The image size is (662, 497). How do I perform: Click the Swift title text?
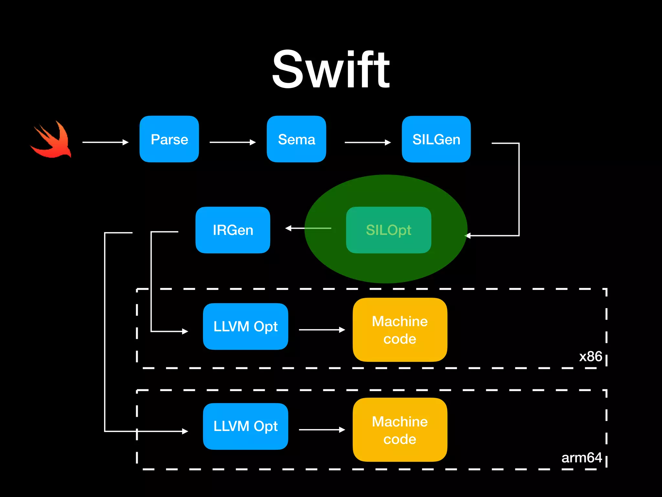point(331,70)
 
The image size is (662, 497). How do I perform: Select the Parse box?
point(169,139)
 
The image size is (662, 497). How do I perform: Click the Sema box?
point(296,139)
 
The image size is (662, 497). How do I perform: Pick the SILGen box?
point(436,139)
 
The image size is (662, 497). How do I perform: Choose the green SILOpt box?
point(388,230)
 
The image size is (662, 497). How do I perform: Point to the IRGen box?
point(233,230)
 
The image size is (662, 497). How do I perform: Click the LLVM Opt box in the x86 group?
point(245,326)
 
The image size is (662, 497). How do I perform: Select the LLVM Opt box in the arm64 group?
point(245,426)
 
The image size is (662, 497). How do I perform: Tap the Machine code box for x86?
point(400,330)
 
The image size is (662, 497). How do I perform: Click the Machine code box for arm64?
point(400,430)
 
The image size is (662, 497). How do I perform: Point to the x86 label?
point(590,357)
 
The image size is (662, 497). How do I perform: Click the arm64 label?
point(582,458)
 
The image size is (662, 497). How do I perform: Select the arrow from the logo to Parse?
point(105,142)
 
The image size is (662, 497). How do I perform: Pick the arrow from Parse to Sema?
point(232,142)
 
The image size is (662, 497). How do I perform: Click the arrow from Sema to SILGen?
point(368,142)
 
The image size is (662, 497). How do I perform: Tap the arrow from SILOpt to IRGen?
point(308,228)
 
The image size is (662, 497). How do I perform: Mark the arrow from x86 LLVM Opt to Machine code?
point(322,330)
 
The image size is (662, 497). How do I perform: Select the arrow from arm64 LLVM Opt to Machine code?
point(322,430)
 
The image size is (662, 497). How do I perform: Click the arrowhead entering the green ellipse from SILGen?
point(468,236)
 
